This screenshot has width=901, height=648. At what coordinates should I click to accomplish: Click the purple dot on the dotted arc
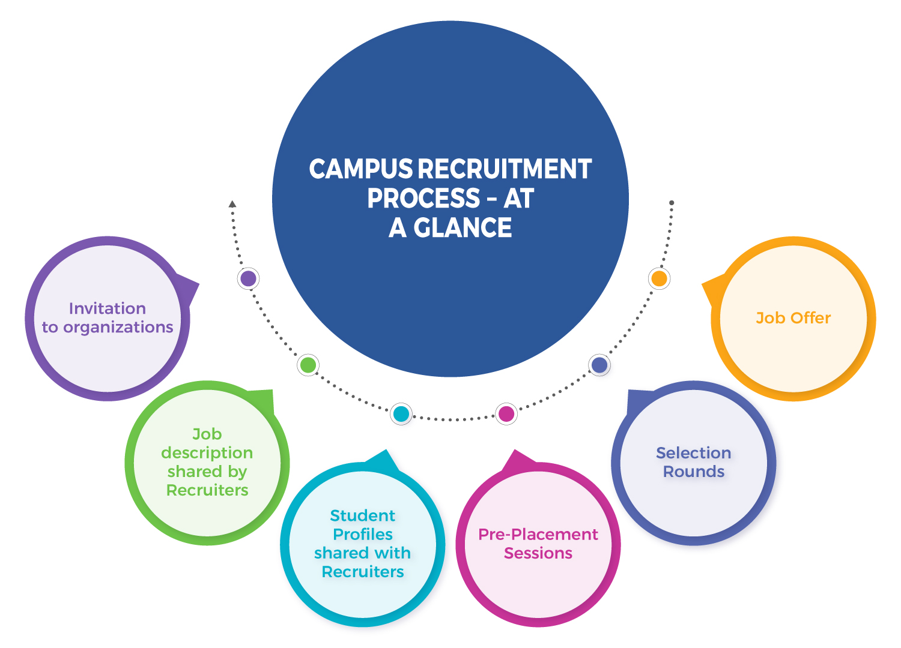(248, 278)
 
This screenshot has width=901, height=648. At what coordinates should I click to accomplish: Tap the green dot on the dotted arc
(308, 365)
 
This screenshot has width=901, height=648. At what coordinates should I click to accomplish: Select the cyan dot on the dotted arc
(401, 413)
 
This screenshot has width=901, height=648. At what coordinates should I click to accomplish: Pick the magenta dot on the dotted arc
(506, 413)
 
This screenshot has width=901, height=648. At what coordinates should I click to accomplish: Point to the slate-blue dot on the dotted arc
(599, 365)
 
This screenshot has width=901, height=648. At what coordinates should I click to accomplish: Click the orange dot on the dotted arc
(659, 278)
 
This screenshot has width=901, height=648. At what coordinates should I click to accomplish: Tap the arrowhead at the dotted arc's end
(232, 205)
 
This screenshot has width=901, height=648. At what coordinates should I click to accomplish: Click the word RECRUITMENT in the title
(505, 169)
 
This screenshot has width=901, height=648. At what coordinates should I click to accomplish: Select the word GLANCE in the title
(463, 228)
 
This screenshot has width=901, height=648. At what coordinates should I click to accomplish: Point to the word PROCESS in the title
(423, 199)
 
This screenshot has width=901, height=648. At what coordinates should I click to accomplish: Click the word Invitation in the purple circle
(108, 308)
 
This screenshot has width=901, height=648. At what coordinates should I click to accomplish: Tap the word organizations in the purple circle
(118, 328)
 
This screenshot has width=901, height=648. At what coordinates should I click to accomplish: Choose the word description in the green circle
(207, 452)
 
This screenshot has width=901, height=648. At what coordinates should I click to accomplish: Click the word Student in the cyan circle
(363, 515)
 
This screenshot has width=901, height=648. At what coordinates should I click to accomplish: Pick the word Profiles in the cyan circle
(363, 534)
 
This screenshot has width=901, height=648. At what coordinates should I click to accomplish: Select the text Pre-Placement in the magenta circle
(538, 534)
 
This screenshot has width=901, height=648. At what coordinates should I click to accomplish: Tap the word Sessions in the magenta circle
(538, 553)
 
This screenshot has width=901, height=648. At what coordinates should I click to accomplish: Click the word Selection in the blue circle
(694, 452)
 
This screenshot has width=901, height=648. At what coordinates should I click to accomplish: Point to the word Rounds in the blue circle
(694, 472)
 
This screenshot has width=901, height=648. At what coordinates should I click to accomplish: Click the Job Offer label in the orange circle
(793, 318)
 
